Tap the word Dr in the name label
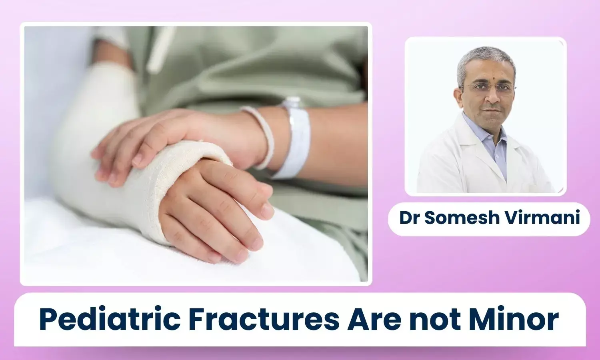[409, 218]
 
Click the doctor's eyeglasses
[488, 88]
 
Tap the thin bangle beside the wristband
[261, 137]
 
